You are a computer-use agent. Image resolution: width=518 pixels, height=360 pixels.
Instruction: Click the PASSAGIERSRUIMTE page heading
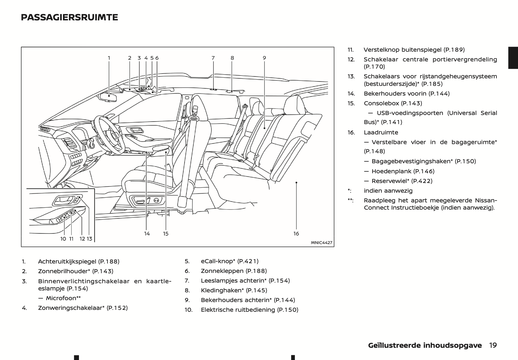click(x=69, y=17)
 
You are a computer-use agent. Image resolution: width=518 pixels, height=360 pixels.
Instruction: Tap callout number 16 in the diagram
click(x=296, y=233)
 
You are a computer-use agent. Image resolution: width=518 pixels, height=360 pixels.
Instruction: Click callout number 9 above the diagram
click(x=264, y=58)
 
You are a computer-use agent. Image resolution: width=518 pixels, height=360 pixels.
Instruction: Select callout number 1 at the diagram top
click(x=109, y=58)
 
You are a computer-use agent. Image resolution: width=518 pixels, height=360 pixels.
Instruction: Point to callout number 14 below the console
click(x=147, y=233)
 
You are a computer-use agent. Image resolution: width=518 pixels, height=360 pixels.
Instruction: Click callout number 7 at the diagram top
click(x=213, y=58)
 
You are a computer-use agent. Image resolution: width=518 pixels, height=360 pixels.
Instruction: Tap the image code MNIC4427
click(x=321, y=243)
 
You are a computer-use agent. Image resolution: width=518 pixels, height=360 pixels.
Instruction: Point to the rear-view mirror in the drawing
click(x=108, y=97)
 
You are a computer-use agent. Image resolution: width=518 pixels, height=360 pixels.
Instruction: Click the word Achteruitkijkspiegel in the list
click(x=67, y=261)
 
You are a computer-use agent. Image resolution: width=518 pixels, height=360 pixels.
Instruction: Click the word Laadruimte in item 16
click(x=381, y=133)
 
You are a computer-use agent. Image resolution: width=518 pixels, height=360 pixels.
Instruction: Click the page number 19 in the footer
click(x=493, y=345)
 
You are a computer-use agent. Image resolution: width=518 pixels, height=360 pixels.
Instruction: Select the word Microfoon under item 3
click(x=61, y=298)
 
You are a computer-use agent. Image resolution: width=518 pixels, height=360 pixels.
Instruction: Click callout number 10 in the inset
click(x=63, y=239)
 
